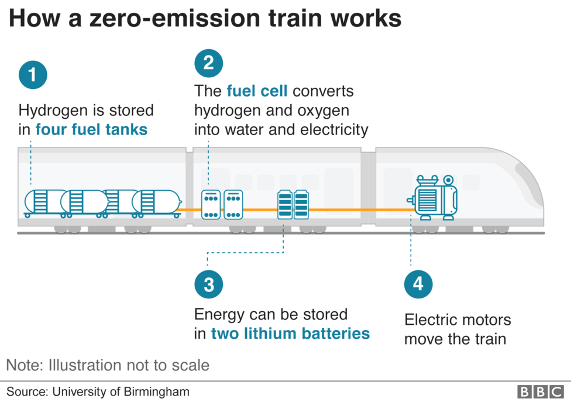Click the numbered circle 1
click(x=33, y=75)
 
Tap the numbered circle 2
click(x=208, y=63)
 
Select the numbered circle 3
click(x=208, y=284)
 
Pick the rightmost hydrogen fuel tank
click(x=156, y=202)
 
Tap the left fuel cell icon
click(x=211, y=204)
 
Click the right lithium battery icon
click(x=301, y=204)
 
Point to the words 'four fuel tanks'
click(x=91, y=129)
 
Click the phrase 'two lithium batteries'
click(x=290, y=334)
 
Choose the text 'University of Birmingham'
click(x=121, y=391)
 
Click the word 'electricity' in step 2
click(x=334, y=129)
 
